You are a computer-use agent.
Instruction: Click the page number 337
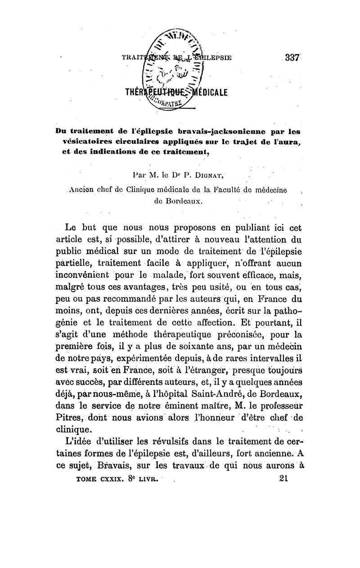[292, 58]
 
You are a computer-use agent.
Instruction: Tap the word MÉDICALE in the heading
[210, 94]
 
